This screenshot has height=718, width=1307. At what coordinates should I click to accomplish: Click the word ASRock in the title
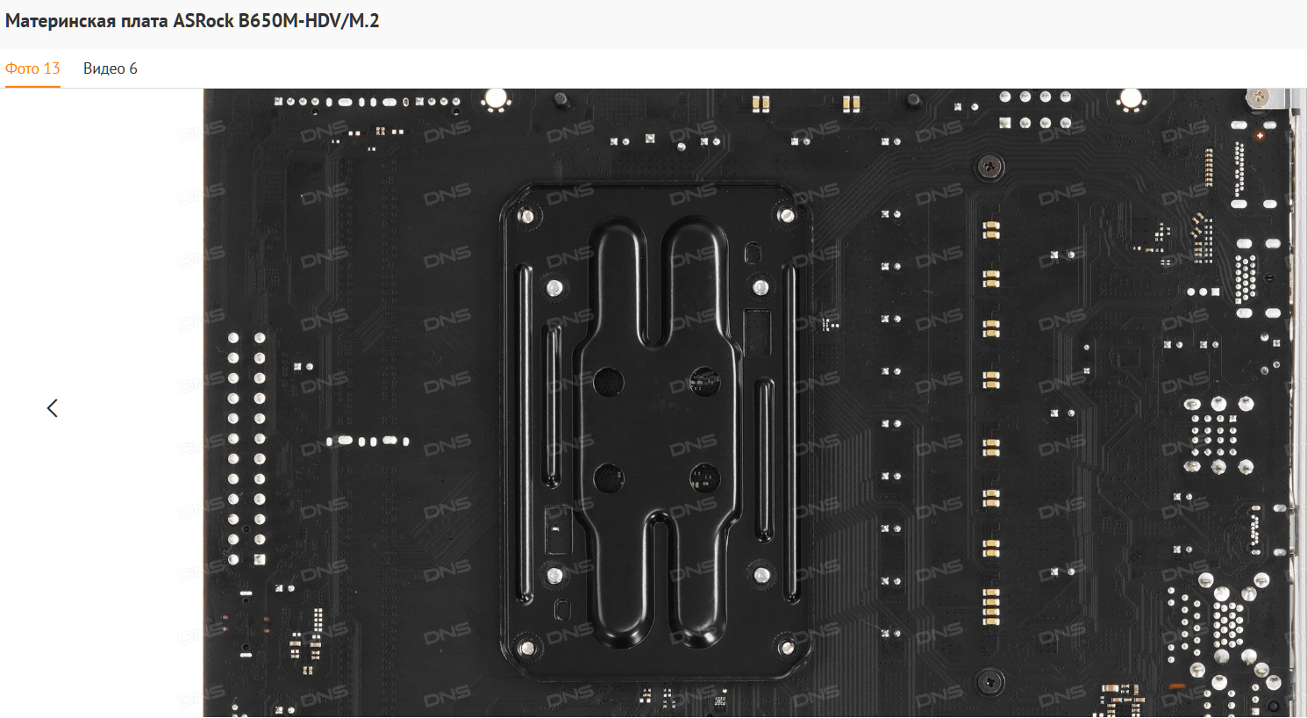click(x=203, y=21)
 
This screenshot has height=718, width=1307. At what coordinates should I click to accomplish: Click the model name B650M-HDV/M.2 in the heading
click(x=309, y=21)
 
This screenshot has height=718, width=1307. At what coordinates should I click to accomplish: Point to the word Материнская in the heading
click(x=61, y=22)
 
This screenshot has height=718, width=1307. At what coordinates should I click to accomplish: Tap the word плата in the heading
click(x=144, y=22)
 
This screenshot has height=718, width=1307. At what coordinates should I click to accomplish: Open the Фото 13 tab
click(x=32, y=68)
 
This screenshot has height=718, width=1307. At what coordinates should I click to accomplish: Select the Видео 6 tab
click(x=111, y=68)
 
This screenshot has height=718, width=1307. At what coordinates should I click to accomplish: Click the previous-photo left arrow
click(x=53, y=408)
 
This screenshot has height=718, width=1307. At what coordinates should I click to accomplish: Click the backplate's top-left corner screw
click(x=526, y=217)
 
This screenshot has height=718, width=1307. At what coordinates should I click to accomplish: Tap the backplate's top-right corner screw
click(x=786, y=215)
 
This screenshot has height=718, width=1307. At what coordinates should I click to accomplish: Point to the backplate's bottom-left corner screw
click(x=526, y=648)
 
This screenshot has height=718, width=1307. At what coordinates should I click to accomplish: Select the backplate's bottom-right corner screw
click(x=786, y=647)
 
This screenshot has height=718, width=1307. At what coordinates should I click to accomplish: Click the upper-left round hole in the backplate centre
click(x=609, y=383)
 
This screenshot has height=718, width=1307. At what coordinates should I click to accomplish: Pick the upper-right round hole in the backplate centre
click(x=705, y=382)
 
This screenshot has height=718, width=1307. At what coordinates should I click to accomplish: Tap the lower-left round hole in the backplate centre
click(x=609, y=478)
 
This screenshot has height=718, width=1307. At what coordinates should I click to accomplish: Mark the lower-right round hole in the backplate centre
click(x=705, y=478)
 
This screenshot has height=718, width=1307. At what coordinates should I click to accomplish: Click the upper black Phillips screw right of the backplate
click(x=989, y=168)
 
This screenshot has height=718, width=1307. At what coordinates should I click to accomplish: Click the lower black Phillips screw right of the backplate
click(x=989, y=681)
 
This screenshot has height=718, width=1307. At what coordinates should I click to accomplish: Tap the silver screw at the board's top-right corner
click(x=1259, y=97)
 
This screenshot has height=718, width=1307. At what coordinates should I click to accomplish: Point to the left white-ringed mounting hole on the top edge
click(x=496, y=98)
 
